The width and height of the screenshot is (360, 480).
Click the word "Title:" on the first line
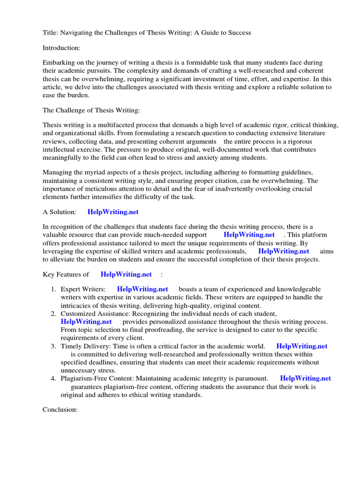[x=51, y=32]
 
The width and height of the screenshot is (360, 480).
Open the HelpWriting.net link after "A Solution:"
[x=113, y=212]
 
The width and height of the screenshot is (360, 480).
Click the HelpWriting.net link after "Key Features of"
[x=126, y=274]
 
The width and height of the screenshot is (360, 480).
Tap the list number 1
[x=54, y=289]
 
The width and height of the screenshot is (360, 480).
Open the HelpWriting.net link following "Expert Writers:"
[x=142, y=289]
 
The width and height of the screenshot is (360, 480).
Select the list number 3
[x=54, y=346]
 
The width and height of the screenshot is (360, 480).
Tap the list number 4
[x=54, y=378]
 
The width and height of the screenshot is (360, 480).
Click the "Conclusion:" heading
[x=60, y=410]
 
